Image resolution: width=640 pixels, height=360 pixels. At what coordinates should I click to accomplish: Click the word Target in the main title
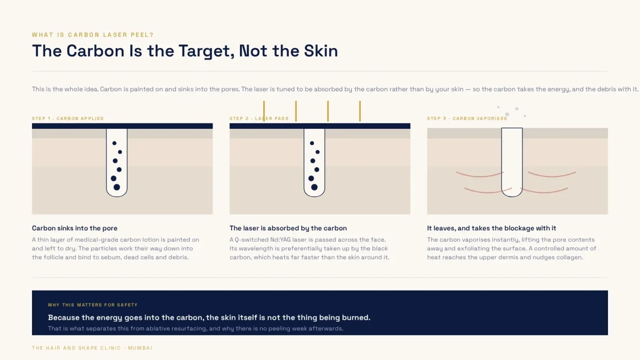207,51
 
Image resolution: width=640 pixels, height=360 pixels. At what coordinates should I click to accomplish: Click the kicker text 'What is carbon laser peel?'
93,35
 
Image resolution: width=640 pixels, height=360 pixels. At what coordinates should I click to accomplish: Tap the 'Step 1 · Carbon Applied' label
68,118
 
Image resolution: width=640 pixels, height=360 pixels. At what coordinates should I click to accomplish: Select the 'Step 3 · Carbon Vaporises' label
467,118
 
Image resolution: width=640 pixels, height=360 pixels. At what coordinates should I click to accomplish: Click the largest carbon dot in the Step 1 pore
117,187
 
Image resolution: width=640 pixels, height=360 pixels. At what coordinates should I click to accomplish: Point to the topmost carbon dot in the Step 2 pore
312,143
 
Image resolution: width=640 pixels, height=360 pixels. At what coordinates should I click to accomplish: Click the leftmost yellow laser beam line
264,111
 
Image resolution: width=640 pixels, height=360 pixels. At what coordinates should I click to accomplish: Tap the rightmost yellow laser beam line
360,111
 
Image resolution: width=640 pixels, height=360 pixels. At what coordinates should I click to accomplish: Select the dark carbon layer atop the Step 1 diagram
123,126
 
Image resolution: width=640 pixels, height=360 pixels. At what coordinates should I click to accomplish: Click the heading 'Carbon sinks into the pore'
75,228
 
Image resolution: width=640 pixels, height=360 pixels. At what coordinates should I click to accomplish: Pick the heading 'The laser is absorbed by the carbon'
288,228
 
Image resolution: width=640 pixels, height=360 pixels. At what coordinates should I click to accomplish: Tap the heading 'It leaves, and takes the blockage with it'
491,228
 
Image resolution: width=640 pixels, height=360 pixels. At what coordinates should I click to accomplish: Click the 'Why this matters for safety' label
93,305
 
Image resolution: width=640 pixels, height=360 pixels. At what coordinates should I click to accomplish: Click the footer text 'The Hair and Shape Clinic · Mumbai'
92,348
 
